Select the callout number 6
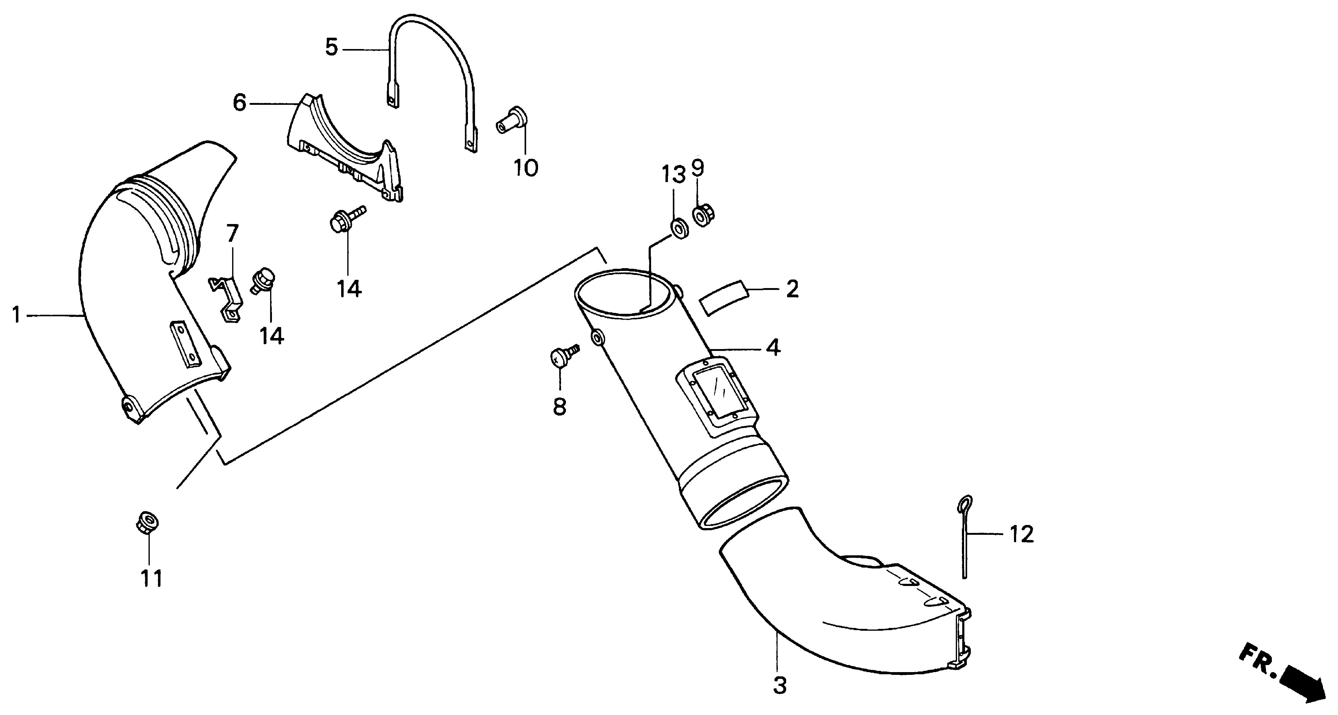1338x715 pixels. (x=239, y=103)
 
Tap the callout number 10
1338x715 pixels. (x=526, y=168)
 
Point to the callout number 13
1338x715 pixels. (x=673, y=175)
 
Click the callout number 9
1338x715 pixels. (x=698, y=168)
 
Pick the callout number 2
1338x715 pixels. (x=792, y=289)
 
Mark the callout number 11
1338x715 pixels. (x=152, y=578)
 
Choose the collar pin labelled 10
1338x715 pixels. (x=511, y=120)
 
